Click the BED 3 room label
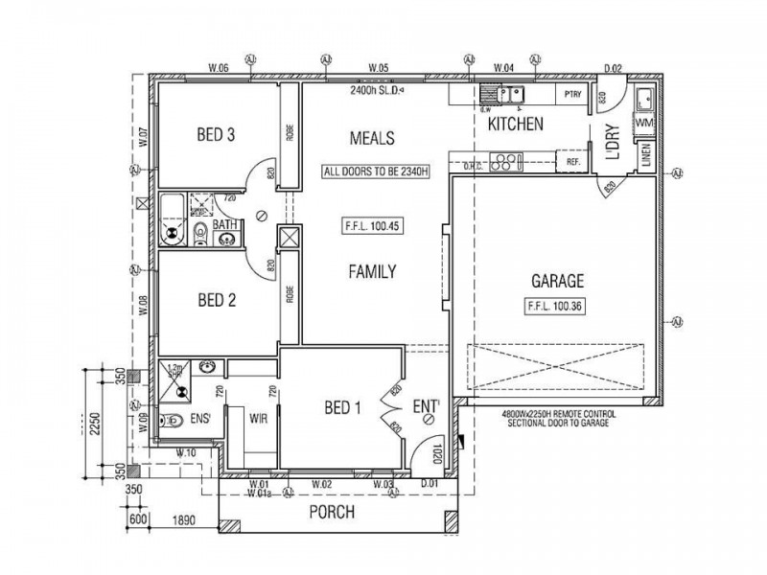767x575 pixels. pos(217,135)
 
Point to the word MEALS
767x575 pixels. pos(372,138)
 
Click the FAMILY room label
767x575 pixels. pos(371,272)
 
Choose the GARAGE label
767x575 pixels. pos(557,282)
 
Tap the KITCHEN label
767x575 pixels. pos(516,125)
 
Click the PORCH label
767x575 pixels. pos(332,513)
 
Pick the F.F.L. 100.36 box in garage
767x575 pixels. pos(557,307)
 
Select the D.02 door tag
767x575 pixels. pos(614,68)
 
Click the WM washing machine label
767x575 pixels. pos(644,124)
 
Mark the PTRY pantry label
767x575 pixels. pos(573,94)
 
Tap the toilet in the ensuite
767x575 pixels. pos(171,420)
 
